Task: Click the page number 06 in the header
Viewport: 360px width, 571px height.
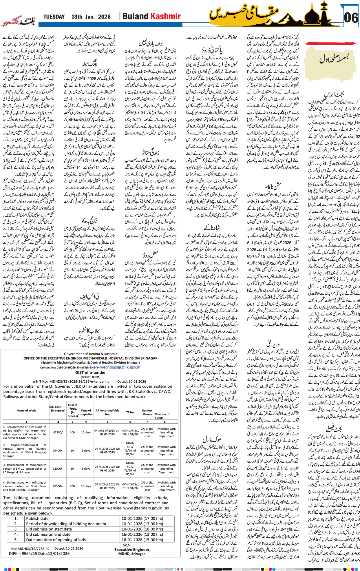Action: (351, 18)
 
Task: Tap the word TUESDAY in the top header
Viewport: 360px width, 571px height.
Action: (54, 17)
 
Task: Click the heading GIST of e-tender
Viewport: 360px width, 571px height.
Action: (90, 373)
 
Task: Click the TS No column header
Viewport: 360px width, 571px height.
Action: (130, 412)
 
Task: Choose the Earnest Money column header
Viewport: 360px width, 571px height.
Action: (147, 412)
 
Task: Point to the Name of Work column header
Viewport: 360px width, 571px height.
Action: (26, 411)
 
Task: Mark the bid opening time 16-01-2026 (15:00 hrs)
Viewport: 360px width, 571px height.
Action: (142, 540)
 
